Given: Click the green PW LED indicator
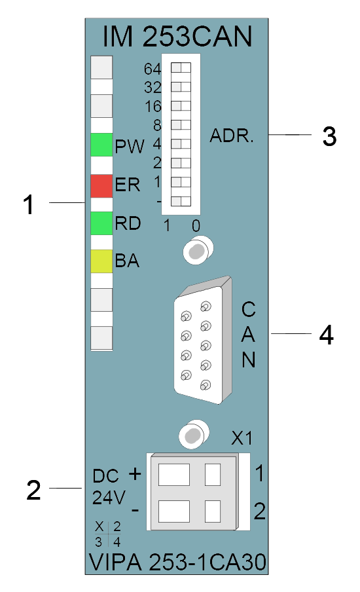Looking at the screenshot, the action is point(101,145).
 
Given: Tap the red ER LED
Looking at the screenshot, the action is point(101,186).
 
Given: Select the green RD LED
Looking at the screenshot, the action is point(101,223).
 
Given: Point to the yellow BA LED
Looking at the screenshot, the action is point(101,261).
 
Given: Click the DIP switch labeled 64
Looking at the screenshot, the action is point(181,67).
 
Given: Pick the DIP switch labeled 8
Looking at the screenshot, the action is point(181,124).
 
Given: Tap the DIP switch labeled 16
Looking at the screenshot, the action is point(181,105).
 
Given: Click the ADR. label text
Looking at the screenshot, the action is point(232,136).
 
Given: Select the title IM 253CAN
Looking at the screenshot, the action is point(177,37).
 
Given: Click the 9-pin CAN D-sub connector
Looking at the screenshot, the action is point(203,340).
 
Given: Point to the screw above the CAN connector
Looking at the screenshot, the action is point(198,250).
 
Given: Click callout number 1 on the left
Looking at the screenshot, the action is point(29,204).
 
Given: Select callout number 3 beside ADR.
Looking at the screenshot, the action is point(329,136).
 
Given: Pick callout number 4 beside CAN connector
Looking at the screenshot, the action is point(327,335).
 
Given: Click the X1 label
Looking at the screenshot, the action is point(242,438).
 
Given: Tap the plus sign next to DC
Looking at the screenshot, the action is point(135,473).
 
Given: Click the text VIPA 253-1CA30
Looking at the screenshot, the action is point(177,562).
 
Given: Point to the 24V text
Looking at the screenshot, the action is point(108,497).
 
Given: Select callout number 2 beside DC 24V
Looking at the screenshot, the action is point(33,490).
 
